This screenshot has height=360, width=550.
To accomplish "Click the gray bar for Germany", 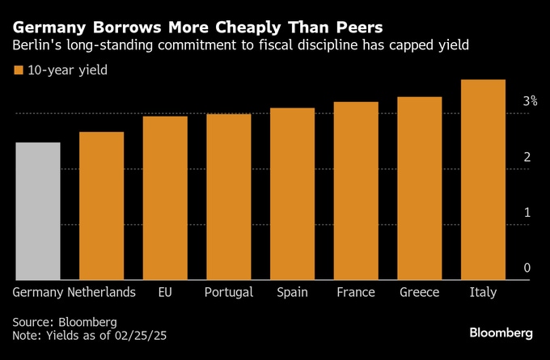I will [37, 211].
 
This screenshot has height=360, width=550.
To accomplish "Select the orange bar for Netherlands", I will [101, 206].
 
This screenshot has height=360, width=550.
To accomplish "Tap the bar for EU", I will [165, 198].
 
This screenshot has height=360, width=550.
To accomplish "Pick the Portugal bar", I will [228, 197].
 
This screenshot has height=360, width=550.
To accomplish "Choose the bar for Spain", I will [292, 194].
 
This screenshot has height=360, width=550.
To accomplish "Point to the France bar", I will [356, 191].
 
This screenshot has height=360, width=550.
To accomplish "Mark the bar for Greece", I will [419, 188].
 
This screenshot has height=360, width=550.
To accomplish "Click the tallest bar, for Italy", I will [483, 180].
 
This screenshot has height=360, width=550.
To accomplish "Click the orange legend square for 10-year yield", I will [18, 70].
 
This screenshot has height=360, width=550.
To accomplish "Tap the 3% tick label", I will [530, 101].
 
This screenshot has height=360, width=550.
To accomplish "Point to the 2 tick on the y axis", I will [527, 157].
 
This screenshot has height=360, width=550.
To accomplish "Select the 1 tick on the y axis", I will [527, 213].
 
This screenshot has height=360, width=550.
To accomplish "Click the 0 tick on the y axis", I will [527, 268].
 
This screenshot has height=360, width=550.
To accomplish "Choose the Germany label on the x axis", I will [37, 292].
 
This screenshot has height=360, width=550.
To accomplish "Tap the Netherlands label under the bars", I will [101, 292].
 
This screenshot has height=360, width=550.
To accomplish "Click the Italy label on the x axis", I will [483, 292].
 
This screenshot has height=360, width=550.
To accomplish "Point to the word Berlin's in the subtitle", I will [37, 46].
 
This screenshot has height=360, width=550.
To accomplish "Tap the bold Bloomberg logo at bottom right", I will [501, 332].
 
